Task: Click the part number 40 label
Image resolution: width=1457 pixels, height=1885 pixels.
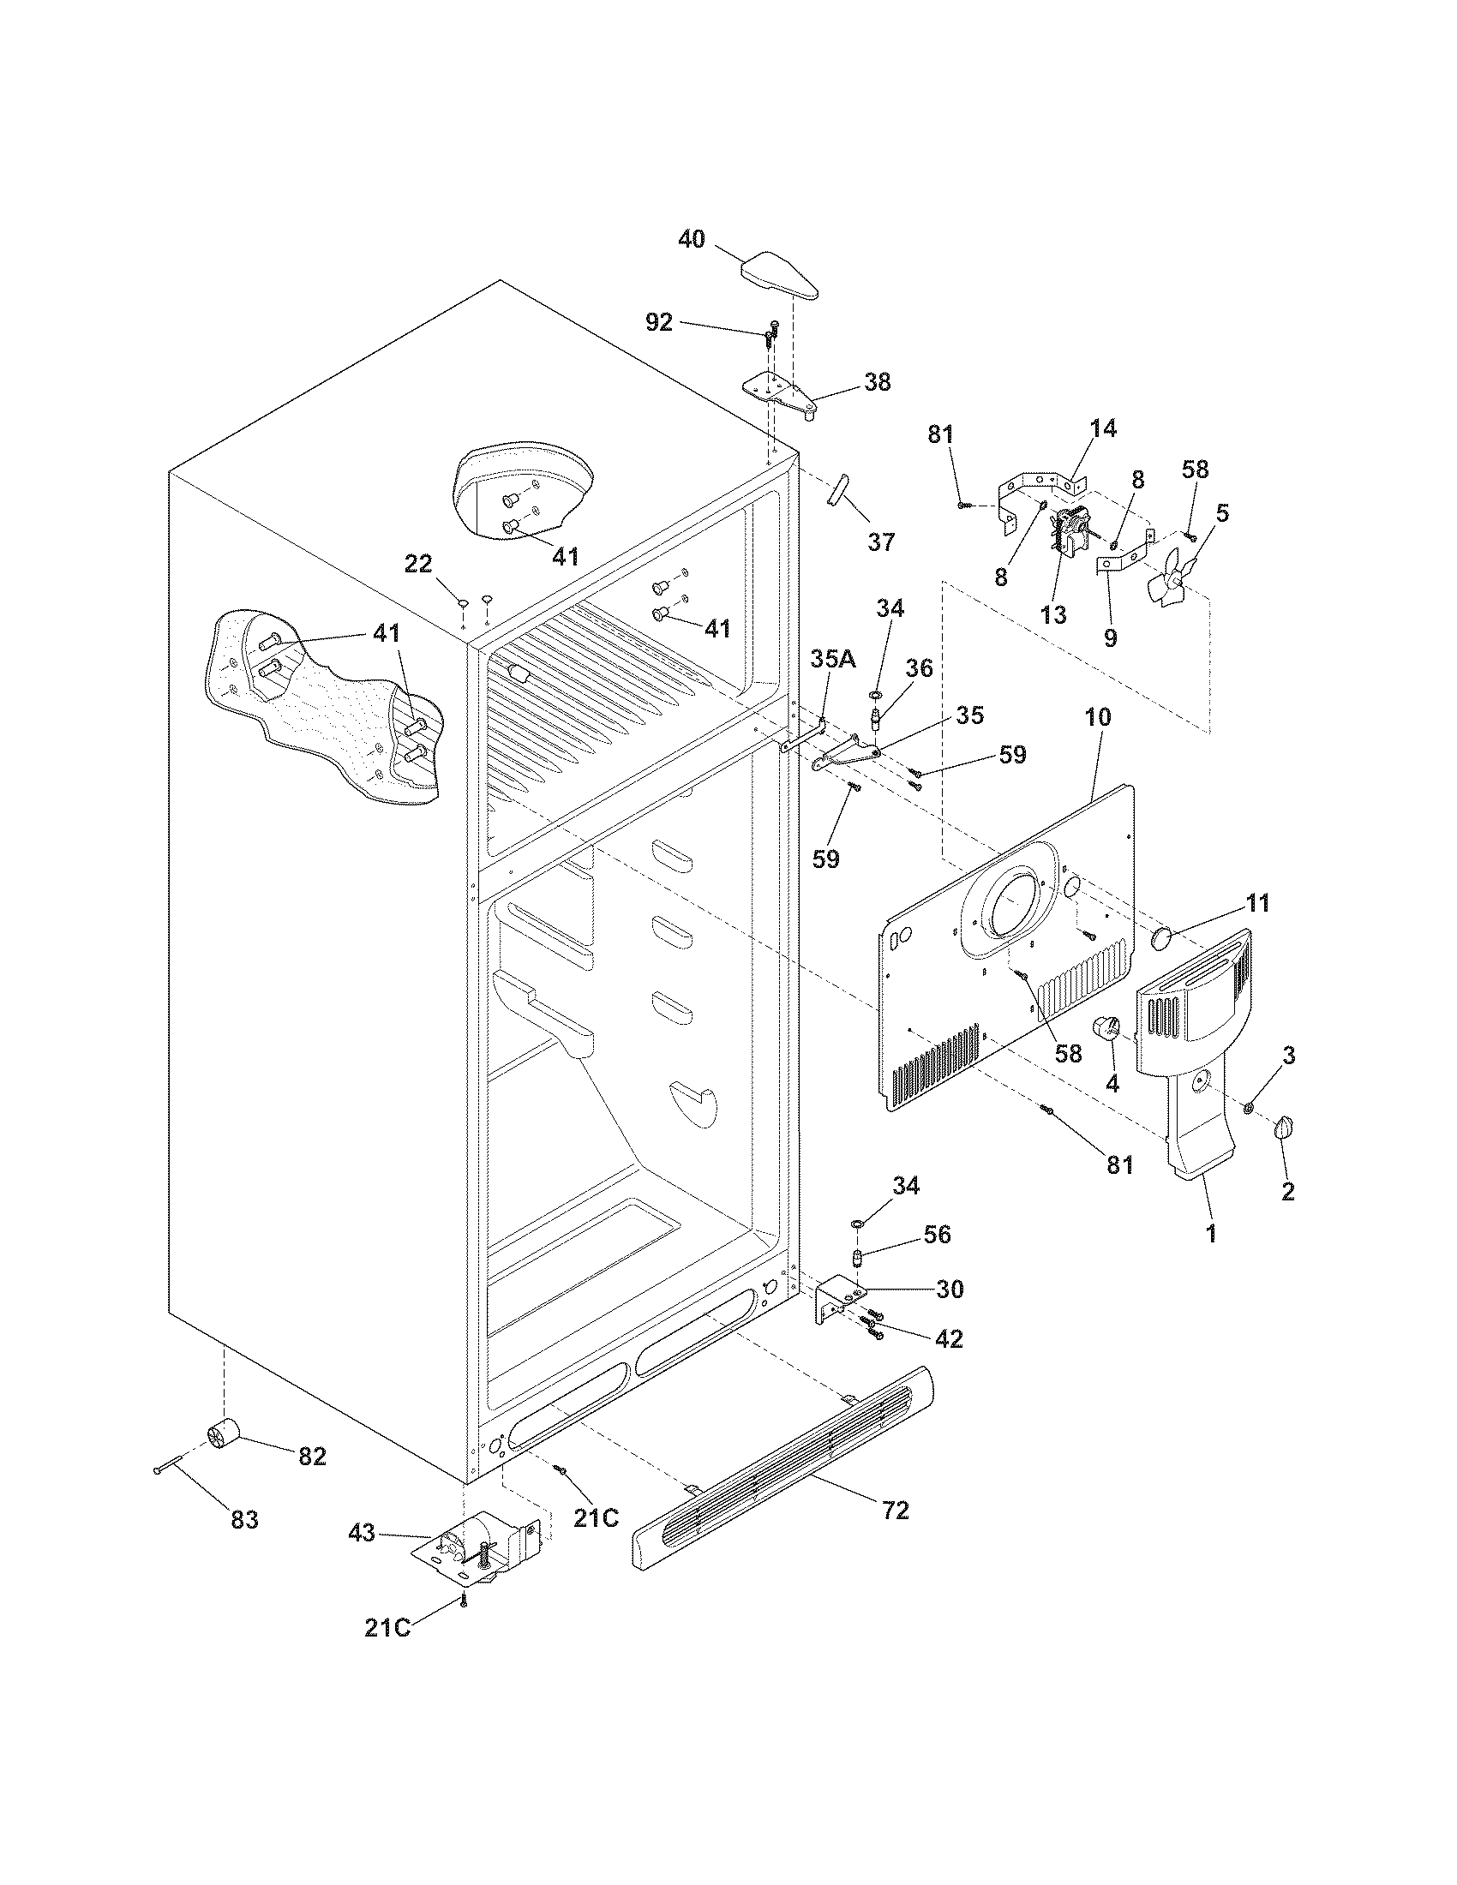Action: coord(691,239)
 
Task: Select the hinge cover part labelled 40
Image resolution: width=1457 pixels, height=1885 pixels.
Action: coord(779,274)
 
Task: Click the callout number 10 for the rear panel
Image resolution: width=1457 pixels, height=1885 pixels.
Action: coord(1099,717)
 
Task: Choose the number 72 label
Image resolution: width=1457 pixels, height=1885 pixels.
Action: coord(896,1511)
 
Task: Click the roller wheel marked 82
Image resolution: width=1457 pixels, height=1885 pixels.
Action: coord(223,1435)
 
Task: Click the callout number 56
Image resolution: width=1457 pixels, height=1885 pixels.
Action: coord(936,1235)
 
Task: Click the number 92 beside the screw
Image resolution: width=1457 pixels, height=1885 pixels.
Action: coord(658,323)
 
